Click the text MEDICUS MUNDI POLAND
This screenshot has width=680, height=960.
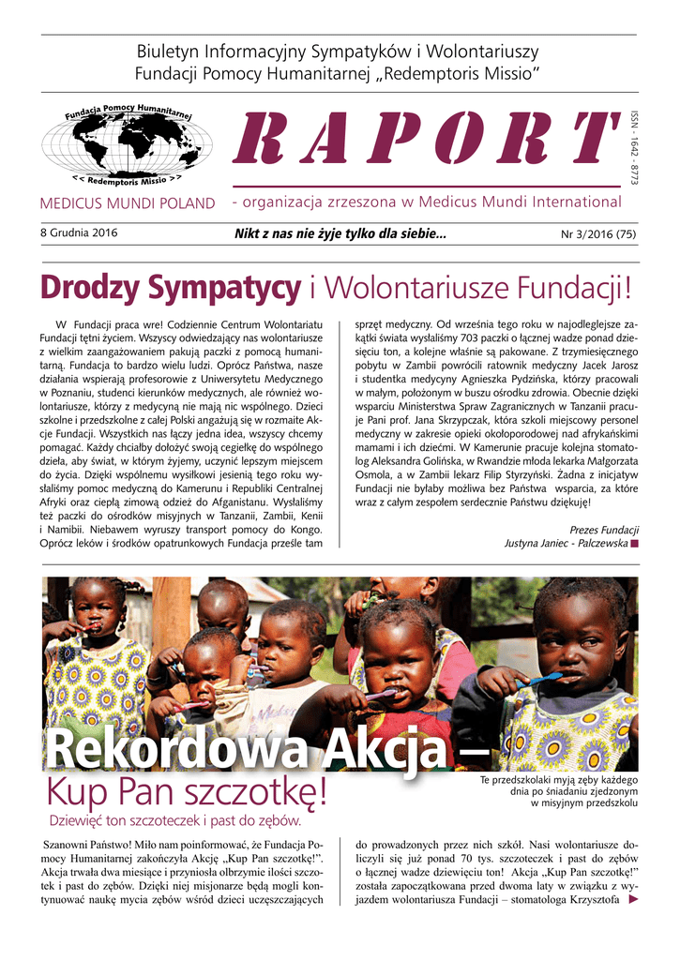pyautogui.click(x=128, y=203)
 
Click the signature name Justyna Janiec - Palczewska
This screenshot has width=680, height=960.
pyautogui.click(x=566, y=543)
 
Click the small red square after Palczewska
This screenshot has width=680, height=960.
pyautogui.click(x=635, y=543)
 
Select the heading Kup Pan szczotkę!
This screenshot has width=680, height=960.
pyautogui.click(x=188, y=796)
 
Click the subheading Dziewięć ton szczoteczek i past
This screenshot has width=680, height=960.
pyautogui.click(x=174, y=822)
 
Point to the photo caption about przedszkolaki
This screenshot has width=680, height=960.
pyautogui.click(x=558, y=791)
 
